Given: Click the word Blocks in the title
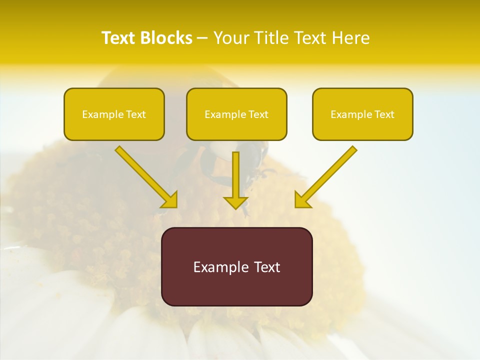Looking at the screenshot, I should click(167, 38).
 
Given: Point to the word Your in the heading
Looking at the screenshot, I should click(231, 38).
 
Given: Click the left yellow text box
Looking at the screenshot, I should click(114, 114).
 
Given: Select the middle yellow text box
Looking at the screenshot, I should click(236, 114).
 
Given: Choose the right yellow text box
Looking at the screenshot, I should click(362, 114).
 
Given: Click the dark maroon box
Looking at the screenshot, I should click(236, 266).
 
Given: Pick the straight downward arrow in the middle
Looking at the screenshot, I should click(235, 177).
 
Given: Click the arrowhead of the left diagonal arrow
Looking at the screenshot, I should click(170, 200).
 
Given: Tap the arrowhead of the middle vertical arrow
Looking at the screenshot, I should click(235, 202).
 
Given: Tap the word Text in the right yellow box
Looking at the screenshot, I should click(384, 114).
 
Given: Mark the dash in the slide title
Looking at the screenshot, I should click(202, 38).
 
